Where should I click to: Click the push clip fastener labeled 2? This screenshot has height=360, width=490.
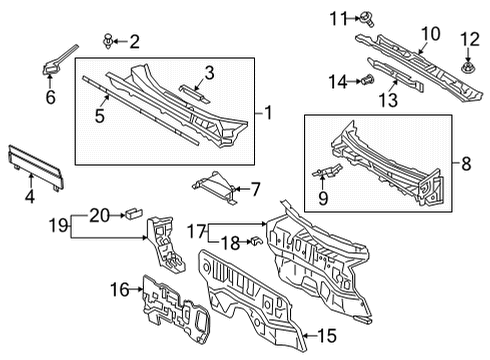click(107, 41)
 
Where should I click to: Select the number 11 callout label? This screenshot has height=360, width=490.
click(339, 19)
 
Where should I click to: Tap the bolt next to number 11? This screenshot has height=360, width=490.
click(367, 19)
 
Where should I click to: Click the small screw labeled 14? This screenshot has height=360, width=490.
click(368, 80)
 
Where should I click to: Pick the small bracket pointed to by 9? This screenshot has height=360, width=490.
click(327, 170)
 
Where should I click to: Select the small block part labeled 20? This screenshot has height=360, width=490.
click(134, 213)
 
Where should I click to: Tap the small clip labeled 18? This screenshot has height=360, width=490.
click(257, 240)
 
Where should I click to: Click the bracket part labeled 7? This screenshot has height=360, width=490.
click(215, 187)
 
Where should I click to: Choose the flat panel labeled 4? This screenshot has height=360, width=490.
click(36, 168)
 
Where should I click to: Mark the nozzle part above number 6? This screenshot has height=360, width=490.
click(59, 60)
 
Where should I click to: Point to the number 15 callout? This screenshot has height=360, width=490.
click(327, 335)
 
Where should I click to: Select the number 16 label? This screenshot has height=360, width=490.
click(119, 289)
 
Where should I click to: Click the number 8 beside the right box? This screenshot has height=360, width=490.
click(466, 164)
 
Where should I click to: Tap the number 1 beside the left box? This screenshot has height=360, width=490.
click(268, 113)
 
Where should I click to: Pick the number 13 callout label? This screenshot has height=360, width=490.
click(388, 100)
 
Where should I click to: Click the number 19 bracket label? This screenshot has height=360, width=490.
click(58, 225)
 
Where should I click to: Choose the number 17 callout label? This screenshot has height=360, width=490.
click(196, 231)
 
